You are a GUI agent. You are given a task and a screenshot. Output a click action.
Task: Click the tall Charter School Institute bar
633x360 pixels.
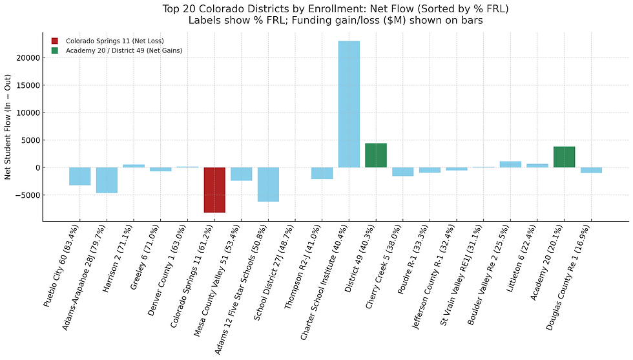(x=349, y=103)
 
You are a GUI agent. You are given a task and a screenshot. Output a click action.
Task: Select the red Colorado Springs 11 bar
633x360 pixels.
(x=214, y=189)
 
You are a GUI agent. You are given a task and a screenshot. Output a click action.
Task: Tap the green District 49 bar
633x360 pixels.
(x=376, y=155)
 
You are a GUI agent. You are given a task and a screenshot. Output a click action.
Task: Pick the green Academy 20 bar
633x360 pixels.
(x=564, y=157)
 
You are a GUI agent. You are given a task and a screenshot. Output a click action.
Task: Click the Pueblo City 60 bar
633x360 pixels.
(x=80, y=176)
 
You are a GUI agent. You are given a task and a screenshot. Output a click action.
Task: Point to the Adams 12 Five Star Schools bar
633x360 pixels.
(x=268, y=184)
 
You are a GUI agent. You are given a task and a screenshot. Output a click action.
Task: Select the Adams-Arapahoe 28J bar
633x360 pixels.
(x=107, y=180)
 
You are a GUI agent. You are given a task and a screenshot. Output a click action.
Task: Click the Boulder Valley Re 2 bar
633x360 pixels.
(x=510, y=164)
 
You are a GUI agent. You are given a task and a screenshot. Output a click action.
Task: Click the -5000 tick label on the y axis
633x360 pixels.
(x=28, y=195)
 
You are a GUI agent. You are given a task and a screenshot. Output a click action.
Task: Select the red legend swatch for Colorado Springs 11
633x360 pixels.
(x=55, y=41)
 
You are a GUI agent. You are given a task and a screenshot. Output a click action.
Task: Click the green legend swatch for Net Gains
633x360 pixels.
(x=55, y=50)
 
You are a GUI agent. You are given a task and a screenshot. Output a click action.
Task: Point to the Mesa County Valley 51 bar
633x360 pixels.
(x=241, y=174)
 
